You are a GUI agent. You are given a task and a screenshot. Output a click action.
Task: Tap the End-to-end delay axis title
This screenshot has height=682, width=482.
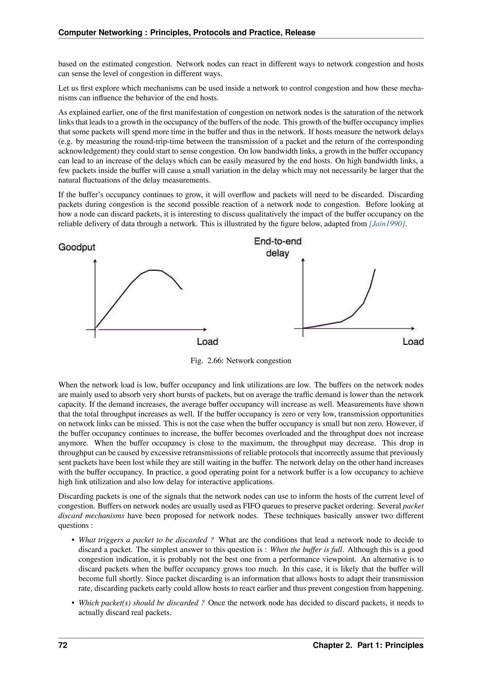[277, 247]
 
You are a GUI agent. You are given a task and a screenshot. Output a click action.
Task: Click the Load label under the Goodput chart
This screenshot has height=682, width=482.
[207, 342]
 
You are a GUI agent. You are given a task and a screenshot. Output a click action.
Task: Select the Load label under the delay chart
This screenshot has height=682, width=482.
[413, 342]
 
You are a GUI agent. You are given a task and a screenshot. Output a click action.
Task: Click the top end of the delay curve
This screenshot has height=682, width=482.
[375, 269]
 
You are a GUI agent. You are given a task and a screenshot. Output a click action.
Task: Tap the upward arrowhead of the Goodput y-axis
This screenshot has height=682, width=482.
[95, 261]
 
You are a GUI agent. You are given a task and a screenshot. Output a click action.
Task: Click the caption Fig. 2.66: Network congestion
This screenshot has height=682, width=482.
[241, 361]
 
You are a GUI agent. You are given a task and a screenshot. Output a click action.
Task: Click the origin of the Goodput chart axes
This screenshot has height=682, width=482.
[95, 329]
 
